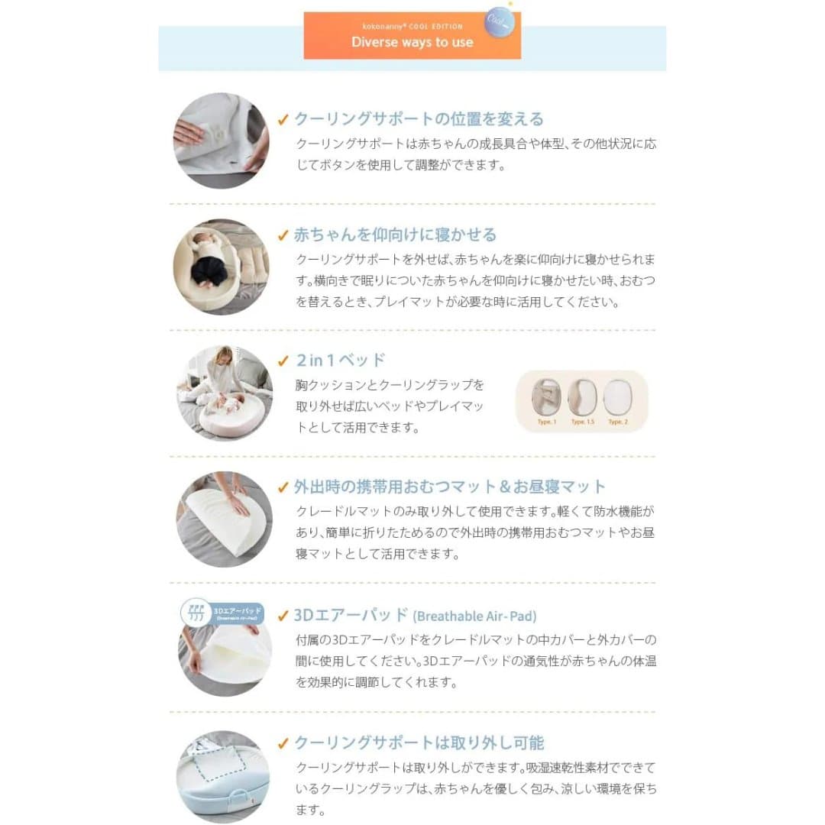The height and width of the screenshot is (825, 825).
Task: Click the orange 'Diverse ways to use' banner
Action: pos(412,36)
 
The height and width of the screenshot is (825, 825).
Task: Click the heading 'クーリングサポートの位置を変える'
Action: pos(419,119)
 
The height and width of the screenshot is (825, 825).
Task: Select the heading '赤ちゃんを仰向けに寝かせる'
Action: pos(395,235)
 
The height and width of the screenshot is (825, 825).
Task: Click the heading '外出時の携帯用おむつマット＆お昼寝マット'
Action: pos(450,487)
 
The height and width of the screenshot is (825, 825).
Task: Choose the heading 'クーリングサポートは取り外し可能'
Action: pos(419,742)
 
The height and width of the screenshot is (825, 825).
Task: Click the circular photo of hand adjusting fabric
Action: pos(221,141)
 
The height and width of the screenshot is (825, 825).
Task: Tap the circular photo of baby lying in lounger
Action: pos(221,267)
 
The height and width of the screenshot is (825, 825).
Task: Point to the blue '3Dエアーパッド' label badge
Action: pos(223,612)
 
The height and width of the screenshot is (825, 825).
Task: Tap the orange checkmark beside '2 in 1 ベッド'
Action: pos(283,361)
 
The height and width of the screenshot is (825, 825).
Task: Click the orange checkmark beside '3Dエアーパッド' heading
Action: pos(283,616)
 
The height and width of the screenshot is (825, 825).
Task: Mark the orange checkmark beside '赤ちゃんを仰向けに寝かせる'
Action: pos(283,235)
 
